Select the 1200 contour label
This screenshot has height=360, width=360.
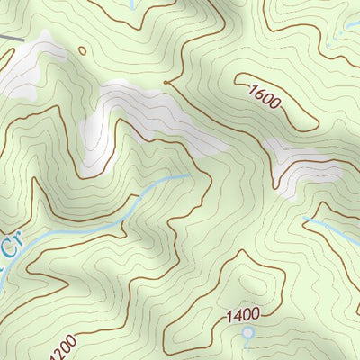click(60, 346)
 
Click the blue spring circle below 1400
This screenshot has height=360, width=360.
click(248, 332)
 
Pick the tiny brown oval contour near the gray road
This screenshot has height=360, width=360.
click(84, 50)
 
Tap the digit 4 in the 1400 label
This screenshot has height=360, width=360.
click(236, 314)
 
